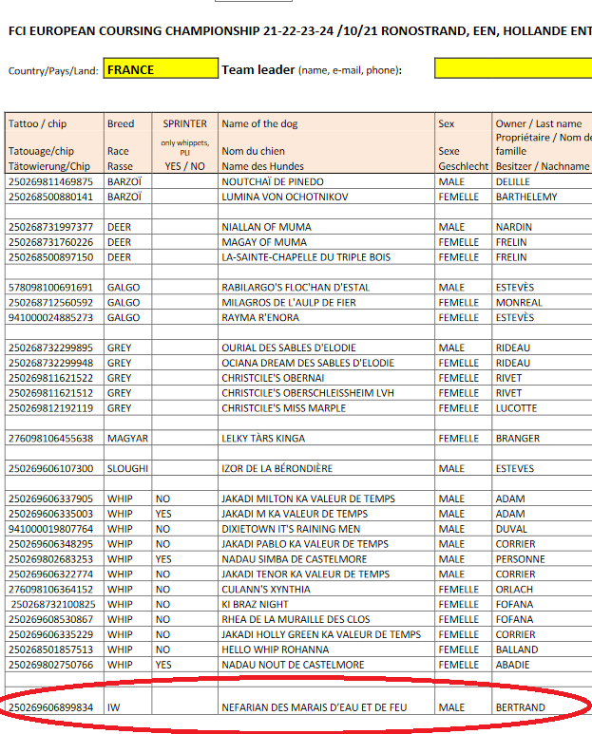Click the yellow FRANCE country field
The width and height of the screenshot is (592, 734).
click(160, 69)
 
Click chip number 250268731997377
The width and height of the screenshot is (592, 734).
click(51, 227)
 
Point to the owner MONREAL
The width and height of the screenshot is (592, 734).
click(519, 302)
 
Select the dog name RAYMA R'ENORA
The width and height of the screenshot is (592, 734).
click(260, 317)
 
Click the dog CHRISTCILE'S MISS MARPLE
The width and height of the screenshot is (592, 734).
click(284, 408)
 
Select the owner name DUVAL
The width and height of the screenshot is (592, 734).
click(512, 529)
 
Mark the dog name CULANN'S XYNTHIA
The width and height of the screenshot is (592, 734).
click(266, 590)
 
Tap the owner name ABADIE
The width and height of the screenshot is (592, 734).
click(513, 666)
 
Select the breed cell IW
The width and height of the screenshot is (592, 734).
click(114, 707)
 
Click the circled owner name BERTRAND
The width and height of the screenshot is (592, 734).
click(521, 707)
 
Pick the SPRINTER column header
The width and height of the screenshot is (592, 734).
click(184, 123)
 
